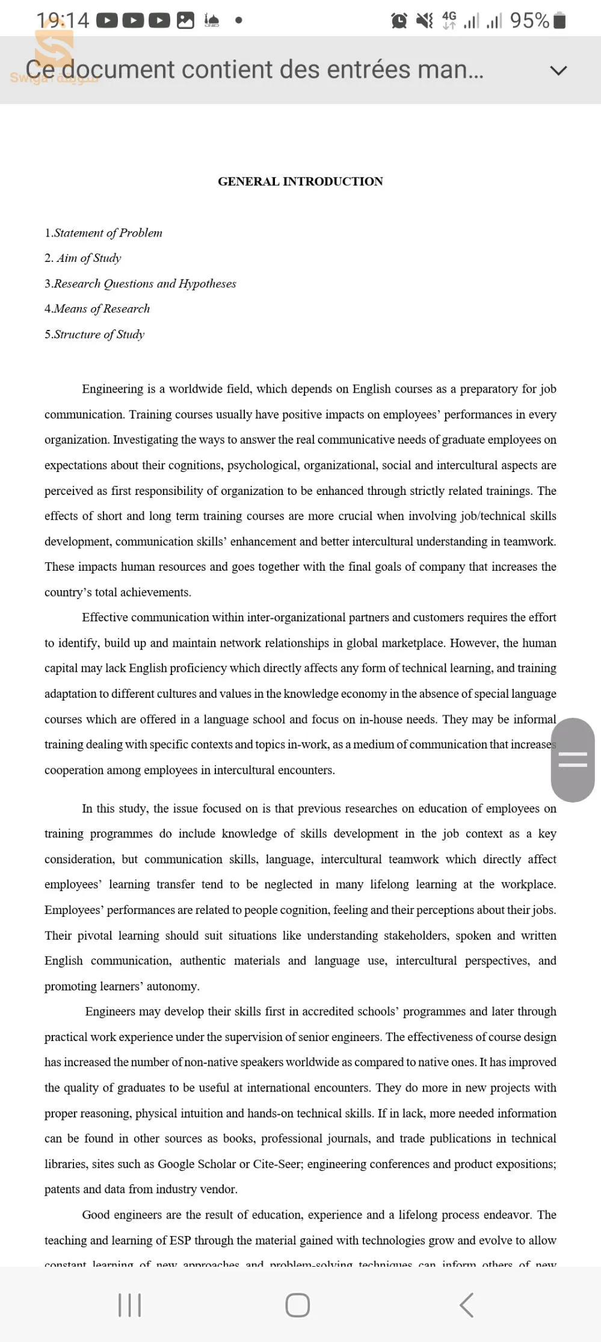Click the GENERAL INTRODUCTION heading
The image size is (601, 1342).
(300, 181)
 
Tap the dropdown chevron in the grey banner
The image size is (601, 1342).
(558, 70)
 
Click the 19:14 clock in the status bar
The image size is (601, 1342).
(63, 21)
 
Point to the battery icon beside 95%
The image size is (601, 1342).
(559, 20)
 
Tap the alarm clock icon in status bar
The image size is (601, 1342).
(399, 21)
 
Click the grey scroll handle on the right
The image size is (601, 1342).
(573, 759)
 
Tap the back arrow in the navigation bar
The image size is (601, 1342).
(467, 1305)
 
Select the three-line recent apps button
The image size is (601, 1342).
(130, 1305)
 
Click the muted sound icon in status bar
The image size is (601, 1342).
(424, 21)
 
